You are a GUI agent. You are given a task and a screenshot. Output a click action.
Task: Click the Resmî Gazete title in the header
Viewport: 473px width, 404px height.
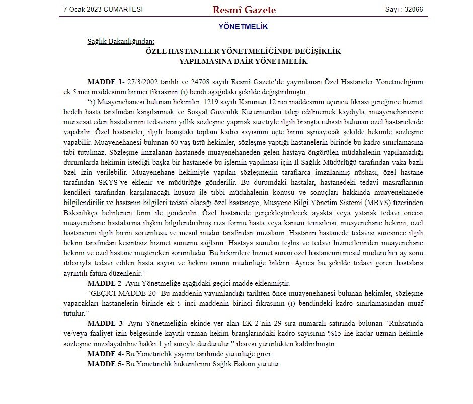pyautogui.click(x=244, y=10)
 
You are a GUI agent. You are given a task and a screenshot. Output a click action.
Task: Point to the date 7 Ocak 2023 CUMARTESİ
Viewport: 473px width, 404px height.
pyautogui.click(x=103, y=9)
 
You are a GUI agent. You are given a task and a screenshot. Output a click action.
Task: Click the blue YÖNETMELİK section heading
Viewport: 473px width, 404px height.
pyautogui.click(x=244, y=26)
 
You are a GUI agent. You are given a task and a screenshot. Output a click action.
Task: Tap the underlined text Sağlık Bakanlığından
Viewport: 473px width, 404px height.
pyautogui.click(x=121, y=41)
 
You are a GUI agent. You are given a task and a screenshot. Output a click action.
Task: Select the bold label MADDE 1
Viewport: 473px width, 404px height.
pyautogui.click(x=105, y=82)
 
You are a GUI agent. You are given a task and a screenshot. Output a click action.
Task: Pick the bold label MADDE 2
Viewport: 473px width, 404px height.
pyautogui.click(x=105, y=283)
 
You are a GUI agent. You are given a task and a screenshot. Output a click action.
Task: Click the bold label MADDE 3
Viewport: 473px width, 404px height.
pyautogui.click(x=105, y=323)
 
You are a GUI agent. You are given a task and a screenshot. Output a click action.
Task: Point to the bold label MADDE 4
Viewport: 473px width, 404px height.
pyautogui.click(x=105, y=354)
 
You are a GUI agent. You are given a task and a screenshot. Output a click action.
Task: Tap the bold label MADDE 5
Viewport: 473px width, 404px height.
pyautogui.click(x=105, y=364)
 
